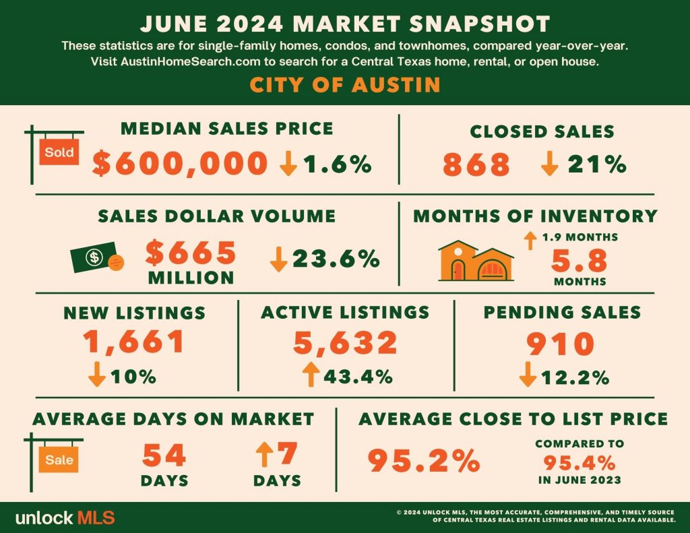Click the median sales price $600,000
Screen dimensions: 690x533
180,164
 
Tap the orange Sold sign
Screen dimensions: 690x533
59,152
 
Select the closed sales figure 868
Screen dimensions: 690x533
476,164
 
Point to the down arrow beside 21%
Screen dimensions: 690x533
549,164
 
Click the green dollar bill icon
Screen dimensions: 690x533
94,257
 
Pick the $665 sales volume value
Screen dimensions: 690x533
191,253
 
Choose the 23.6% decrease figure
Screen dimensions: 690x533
336,258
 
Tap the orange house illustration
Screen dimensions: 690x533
476,261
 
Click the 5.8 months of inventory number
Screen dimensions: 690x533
579,261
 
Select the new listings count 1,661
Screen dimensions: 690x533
134,342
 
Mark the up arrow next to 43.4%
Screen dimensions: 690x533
311,374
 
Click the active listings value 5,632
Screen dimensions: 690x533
346,343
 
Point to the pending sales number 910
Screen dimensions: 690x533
561,344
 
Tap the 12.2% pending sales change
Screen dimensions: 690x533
575,377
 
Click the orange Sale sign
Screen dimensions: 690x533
59,460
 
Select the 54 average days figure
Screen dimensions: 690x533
164,455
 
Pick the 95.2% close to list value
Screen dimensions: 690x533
424,460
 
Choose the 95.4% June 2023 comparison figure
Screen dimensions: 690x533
579,462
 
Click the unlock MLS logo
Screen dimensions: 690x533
65,518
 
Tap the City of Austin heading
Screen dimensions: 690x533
345,85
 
